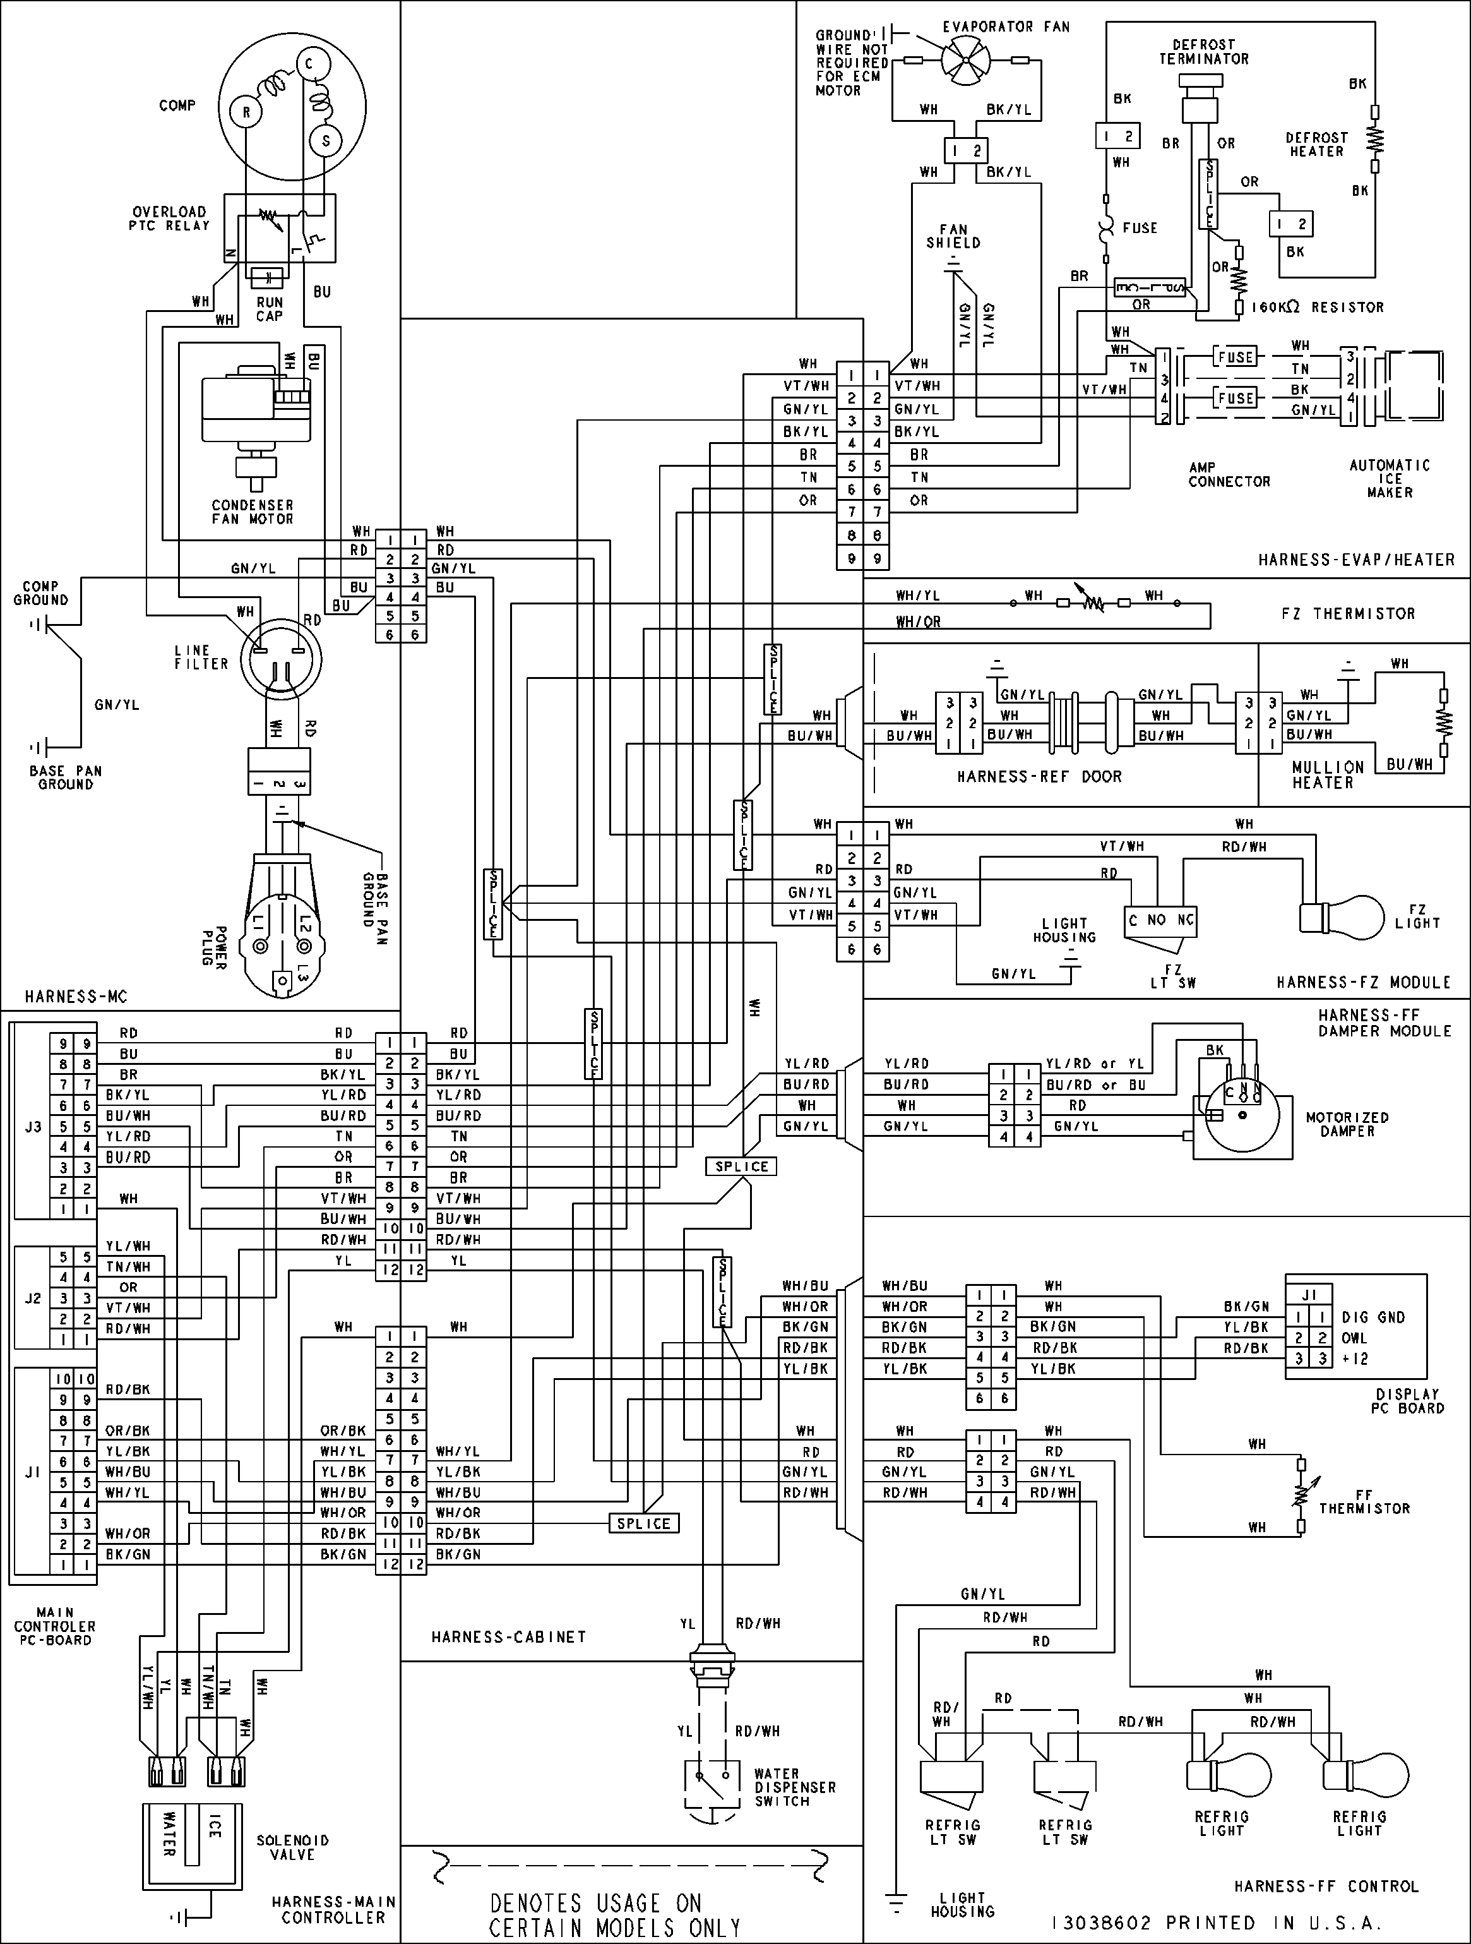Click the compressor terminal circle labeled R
[x=247, y=112]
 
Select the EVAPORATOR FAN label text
[x=1006, y=27]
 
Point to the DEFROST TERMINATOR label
[x=1203, y=52]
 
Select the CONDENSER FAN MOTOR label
[x=252, y=512]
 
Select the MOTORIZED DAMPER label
[x=1347, y=1124]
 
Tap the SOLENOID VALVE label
[x=292, y=1847]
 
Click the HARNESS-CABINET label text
[x=508, y=1637]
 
